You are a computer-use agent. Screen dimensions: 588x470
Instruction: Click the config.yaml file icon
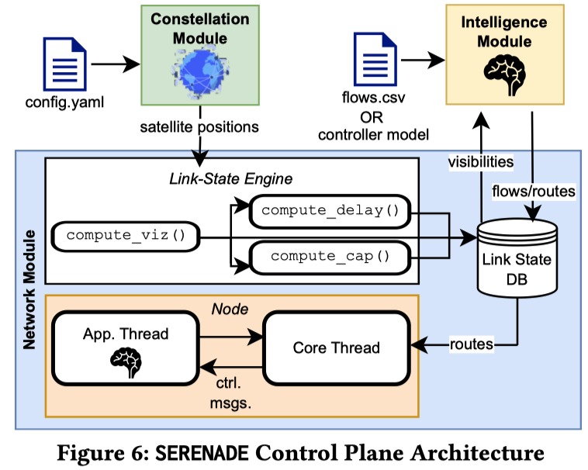tap(65, 64)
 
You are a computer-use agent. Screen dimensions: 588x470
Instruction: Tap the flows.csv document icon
tap(375, 59)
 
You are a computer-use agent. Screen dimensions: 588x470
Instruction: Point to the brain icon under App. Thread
tap(126, 362)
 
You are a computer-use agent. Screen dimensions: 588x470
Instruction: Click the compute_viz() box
tap(126, 237)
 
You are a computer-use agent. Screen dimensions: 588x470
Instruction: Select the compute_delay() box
tap(330, 212)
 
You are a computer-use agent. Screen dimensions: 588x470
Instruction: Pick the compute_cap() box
tap(330, 257)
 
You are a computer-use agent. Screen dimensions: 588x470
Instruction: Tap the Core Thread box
tap(337, 347)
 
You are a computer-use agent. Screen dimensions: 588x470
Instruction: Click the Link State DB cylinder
tap(517, 258)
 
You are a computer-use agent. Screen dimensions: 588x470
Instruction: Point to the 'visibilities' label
tap(481, 162)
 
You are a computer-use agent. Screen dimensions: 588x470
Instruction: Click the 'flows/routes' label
tap(534, 191)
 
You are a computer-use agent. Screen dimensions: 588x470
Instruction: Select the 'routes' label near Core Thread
tap(472, 344)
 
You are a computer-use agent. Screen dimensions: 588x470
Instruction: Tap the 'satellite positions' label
tap(199, 127)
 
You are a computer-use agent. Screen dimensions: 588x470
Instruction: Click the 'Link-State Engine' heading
tap(230, 179)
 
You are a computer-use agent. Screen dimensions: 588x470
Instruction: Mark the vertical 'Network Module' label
tap(29, 290)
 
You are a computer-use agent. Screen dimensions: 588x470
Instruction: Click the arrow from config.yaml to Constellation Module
tap(116, 64)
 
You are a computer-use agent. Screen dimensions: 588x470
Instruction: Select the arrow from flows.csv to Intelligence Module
tap(423, 60)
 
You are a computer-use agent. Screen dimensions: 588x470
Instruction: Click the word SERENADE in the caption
tap(202, 453)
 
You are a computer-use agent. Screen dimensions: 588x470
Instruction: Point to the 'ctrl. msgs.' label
tap(230, 393)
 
